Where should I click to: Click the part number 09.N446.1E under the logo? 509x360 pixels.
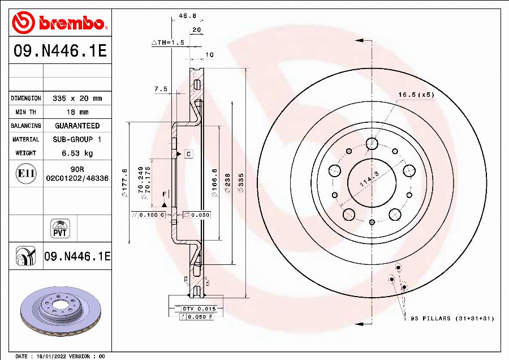(x=59, y=52)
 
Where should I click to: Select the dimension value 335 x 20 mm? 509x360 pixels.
(x=77, y=98)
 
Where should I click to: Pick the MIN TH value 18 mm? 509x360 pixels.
(x=77, y=112)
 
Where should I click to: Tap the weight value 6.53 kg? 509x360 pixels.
(x=77, y=153)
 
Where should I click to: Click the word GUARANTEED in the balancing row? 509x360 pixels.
(x=77, y=126)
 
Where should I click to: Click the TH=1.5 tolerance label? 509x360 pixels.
(x=168, y=42)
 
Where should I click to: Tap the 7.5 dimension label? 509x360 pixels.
(x=161, y=89)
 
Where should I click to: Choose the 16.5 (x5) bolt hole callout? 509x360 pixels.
(x=416, y=95)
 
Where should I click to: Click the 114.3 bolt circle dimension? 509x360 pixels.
(x=369, y=182)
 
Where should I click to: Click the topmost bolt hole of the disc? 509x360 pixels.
(x=372, y=143)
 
